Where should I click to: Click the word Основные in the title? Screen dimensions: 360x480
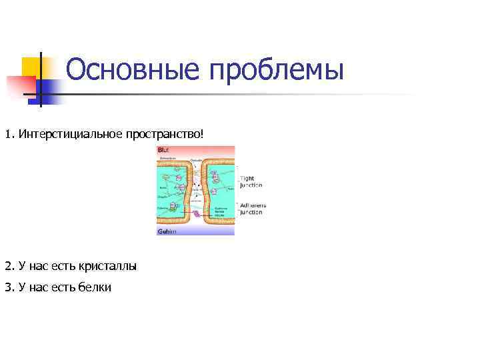(131, 70)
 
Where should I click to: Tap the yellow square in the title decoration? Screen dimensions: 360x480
(31, 67)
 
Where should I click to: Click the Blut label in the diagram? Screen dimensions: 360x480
(163, 150)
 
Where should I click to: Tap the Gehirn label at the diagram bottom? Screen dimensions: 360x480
(167, 231)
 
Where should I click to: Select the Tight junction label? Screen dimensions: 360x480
(251, 182)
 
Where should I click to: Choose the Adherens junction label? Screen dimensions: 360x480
(251, 209)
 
